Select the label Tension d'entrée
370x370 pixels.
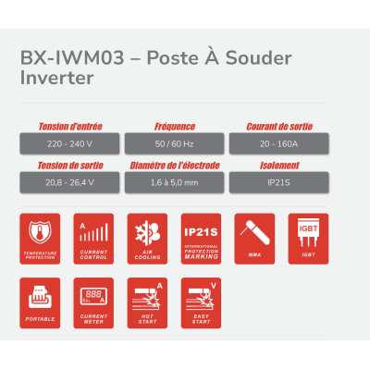click(x=70, y=126)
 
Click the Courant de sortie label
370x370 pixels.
click(x=280, y=126)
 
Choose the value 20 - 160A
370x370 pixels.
click(x=280, y=143)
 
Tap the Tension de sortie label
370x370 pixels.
click(x=70, y=166)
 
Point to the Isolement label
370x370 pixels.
click(x=280, y=166)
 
